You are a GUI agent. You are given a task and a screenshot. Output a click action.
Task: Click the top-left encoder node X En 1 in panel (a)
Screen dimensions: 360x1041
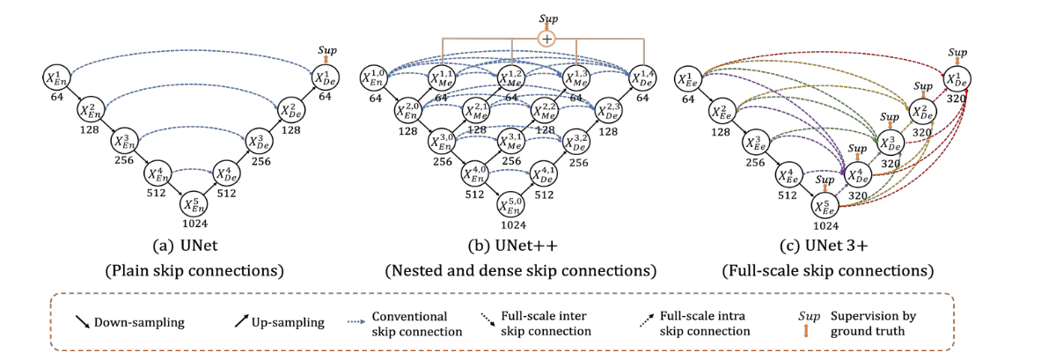[55, 77]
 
